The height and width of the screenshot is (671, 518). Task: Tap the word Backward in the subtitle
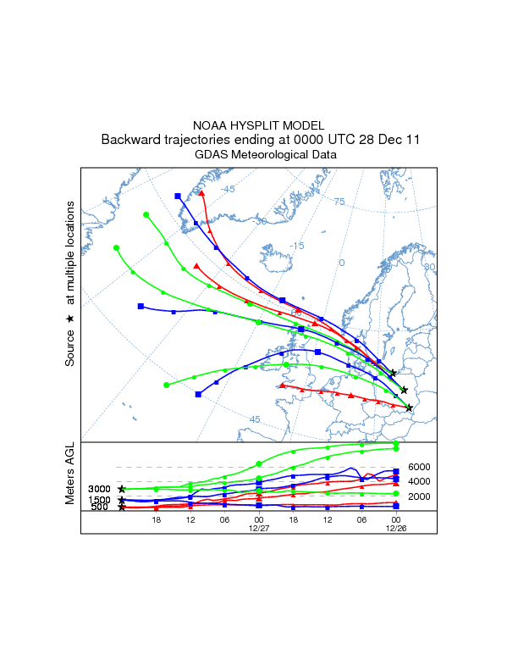tap(129, 139)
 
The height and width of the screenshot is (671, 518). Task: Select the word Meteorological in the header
tap(265, 155)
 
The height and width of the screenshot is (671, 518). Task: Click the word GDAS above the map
tap(209, 155)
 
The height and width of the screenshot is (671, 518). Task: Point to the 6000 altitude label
tap(420, 467)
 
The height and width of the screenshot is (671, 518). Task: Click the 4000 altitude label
tap(420, 481)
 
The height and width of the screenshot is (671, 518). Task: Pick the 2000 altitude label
tap(420, 496)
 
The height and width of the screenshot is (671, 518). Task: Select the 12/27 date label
tap(259, 527)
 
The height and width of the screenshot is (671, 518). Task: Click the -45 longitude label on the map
tap(228, 189)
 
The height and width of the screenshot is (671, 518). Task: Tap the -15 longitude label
tap(297, 246)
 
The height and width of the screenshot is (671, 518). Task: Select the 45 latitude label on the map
tap(255, 419)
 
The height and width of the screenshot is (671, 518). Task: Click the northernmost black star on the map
tap(393, 374)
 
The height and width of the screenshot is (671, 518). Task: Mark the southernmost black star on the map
tap(410, 408)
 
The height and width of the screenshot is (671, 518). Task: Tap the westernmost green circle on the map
tap(117, 248)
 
